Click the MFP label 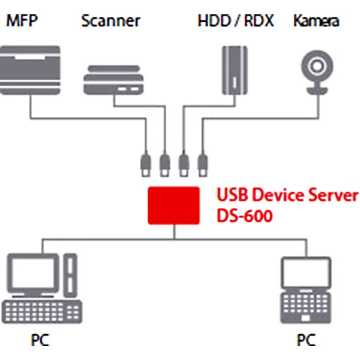[x=22, y=21]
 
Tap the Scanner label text [x=111, y=21]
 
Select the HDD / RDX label [x=236, y=21]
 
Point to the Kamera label [x=316, y=21]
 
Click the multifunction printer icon [x=30, y=70]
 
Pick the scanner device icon [x=113, y=80]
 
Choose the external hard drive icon [x=235, y=70]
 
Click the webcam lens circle [x=317, y=66]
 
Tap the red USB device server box [x=174, y=206]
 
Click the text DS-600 [x=245, y=216]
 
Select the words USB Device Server [x=287, y=195]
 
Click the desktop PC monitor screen [x=33, y=273]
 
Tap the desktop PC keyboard [x=42, y=312]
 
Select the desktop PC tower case [x=70, y=275]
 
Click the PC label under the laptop [x=306, y=340]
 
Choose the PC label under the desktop [x=40, y=340]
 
